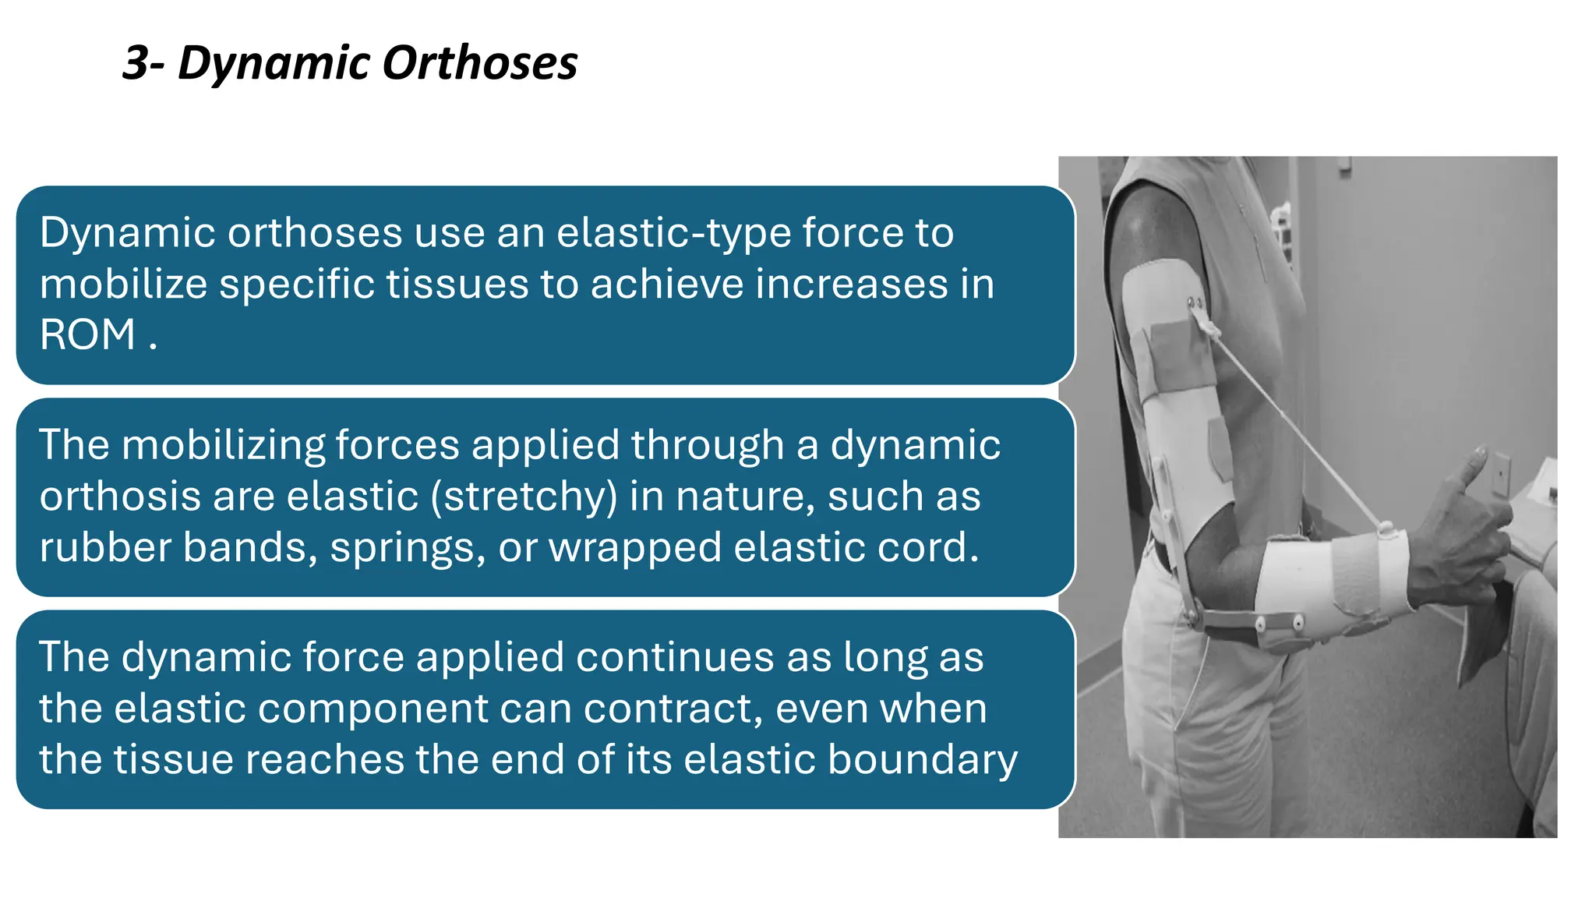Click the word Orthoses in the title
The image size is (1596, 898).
coord(479,62)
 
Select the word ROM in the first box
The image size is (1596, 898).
coord(87,335)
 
